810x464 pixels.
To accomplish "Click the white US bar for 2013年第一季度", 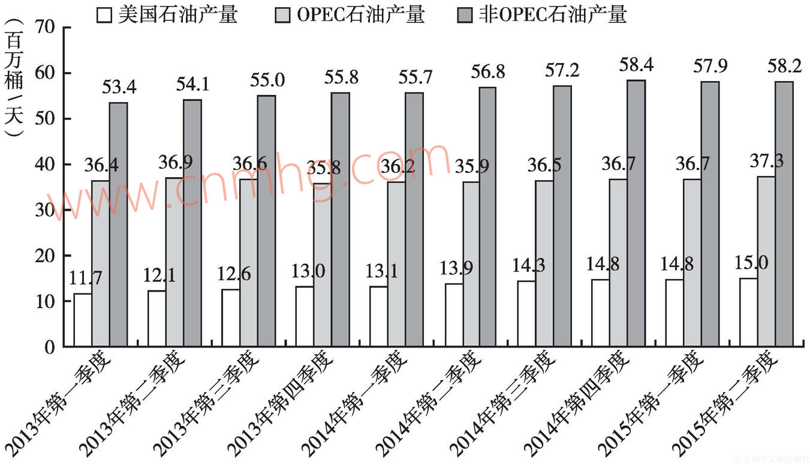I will tap(83, 319).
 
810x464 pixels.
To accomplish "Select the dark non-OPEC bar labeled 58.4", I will tap(637, 213).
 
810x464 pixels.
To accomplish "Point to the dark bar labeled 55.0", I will tap(267, 220).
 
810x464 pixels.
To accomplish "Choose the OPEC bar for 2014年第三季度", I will tap(544, 263).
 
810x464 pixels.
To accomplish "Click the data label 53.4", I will tap(119, 88).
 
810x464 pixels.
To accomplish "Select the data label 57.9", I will tap(710, 66).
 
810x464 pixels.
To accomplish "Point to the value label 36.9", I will tap(175, 163).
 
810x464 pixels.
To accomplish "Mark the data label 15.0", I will tap(750, 263).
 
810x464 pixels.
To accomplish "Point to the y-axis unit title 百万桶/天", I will tap(14, 78).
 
